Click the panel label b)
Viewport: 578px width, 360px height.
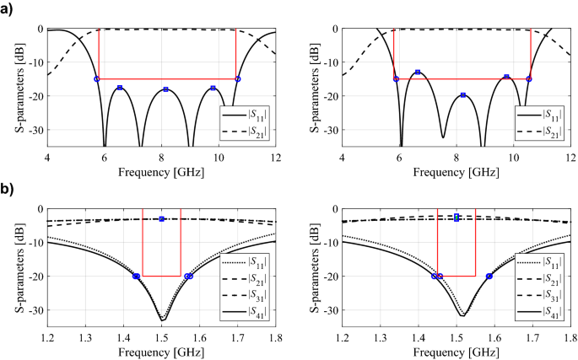[x=8, y=190]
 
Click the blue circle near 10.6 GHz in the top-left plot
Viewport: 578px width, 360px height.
[x=238, y=78]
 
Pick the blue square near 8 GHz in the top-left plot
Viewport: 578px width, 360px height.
[x=165, y=89]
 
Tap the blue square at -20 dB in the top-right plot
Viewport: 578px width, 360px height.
[x=463, y=95]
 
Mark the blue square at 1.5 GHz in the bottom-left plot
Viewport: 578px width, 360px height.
[x=161, y=219]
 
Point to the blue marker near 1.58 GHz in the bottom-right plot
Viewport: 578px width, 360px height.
[x=489, y=276]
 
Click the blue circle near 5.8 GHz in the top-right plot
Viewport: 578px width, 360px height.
[x=396, y=78]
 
